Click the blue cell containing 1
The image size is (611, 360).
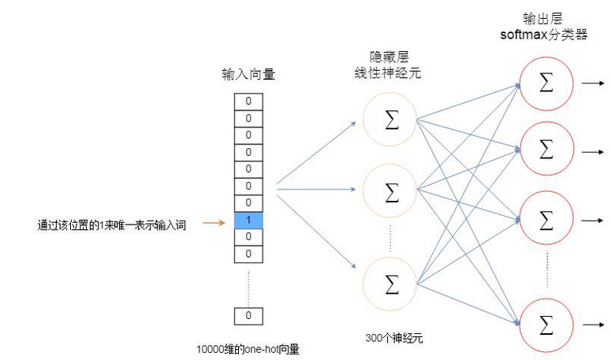point(248,221)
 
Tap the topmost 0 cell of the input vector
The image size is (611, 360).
point(248,102)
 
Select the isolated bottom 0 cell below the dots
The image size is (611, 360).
point(248,316)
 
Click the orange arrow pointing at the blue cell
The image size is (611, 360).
point(214,223)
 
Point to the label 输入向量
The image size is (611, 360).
point(248,74)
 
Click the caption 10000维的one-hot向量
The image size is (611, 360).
point(248,349)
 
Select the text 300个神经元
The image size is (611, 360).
point(394,338)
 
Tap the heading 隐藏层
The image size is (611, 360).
point(389,58)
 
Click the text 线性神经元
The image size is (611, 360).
point(388,72)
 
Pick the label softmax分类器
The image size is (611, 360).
point(543,35)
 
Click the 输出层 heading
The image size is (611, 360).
point(543,18)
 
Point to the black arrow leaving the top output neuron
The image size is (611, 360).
point(593,83)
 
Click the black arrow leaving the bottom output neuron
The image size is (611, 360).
point(593,325)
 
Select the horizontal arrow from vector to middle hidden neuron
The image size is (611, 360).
point(316,190)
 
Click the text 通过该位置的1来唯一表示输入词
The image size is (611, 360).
point(111,225)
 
